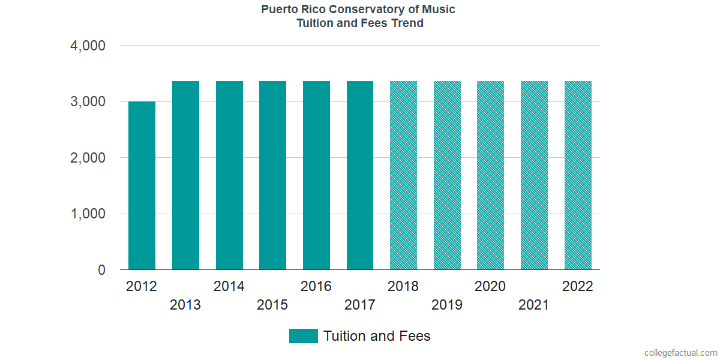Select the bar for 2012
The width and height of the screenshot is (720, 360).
(142, 186)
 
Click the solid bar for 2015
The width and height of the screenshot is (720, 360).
(272, 176)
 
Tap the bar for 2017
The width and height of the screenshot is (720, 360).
(360, 176)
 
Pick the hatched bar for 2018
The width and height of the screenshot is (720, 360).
(403, 176)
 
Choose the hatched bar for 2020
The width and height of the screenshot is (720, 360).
(490, 176)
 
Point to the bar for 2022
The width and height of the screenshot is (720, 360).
(578, 176)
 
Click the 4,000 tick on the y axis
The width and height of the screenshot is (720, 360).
(88, 46)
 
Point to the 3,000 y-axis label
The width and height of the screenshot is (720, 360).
(88, 102)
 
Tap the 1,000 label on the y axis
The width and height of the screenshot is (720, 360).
(88, 214)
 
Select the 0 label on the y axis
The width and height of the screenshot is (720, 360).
(101, 271)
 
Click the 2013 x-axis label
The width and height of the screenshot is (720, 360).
(185, 305)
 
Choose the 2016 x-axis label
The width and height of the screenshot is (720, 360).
(316, 286)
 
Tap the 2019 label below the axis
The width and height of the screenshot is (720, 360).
(447, 305)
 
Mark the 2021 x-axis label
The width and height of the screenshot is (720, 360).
(534, 305)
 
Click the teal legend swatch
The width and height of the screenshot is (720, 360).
(303, 336)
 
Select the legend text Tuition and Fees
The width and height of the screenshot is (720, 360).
(377, 336)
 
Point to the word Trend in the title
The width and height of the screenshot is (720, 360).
(408, 23)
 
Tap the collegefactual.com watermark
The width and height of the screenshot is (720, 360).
(680, 353)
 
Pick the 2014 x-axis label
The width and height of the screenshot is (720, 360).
(229, 286)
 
